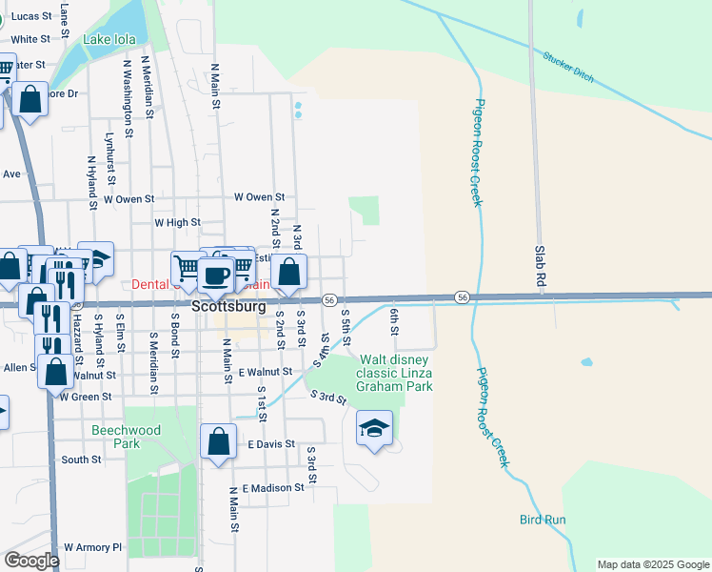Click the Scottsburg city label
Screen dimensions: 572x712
(x=228, y=308)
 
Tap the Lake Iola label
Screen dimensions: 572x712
(x=109, y=39)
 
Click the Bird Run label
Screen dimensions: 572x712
(x=543, y=520)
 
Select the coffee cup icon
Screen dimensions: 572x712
(x=216, y=275)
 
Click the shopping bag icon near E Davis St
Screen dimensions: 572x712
(x=219, y=441)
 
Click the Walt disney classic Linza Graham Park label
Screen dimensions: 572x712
(x=394, y=373)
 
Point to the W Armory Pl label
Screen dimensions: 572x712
(x=93, y=548)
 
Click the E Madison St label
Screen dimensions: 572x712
(x=272, y=488)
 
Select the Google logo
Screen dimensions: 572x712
(x=31, y=561)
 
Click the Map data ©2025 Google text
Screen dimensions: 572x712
(x=652, y=564)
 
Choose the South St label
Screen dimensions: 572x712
(x=81, y=460)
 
